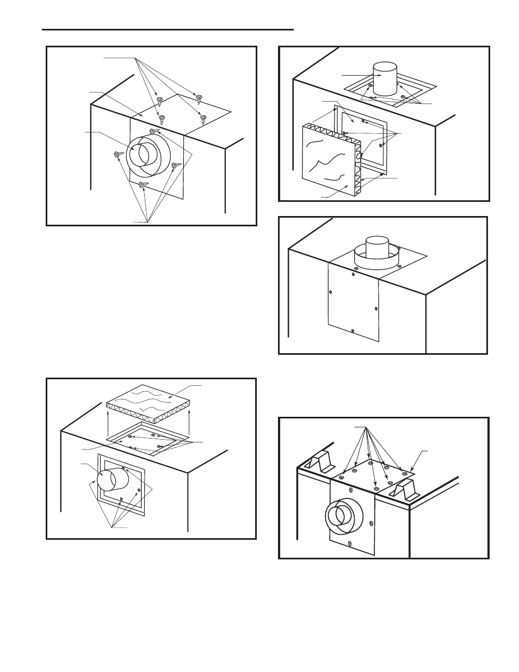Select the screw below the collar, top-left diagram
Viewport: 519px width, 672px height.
pos(143,185)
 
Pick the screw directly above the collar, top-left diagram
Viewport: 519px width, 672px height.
pos(154,132)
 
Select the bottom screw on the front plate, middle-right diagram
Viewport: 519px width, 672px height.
pos(353,330)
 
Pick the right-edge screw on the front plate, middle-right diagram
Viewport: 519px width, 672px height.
pos(376,309)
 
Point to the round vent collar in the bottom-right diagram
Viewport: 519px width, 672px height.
pos(340,516)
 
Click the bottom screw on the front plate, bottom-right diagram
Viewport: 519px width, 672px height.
pos(350,543)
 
